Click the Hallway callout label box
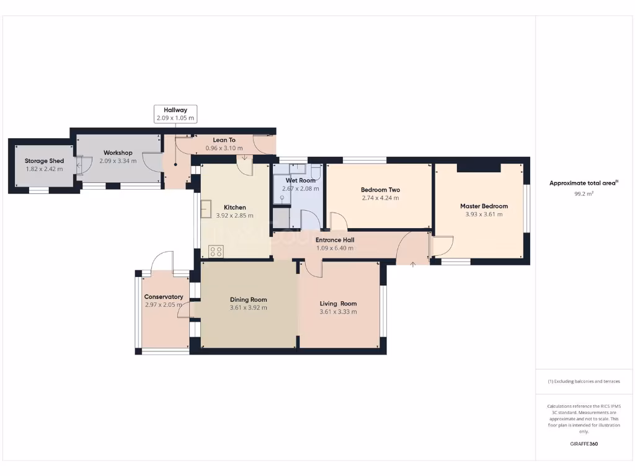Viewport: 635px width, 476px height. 175,113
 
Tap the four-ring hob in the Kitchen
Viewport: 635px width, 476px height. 216,251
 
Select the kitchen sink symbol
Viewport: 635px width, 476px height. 205,209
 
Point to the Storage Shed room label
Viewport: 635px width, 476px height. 44,161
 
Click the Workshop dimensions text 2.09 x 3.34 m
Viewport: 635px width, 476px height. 118,161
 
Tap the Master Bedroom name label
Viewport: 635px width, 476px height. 484,206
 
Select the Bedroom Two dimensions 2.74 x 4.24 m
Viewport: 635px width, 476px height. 380,198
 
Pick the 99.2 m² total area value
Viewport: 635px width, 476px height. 584,194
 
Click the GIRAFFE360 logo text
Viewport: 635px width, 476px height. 584,444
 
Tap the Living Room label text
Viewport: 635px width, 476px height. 338,304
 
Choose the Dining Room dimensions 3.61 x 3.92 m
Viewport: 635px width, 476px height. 248,307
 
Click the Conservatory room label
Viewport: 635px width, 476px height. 164,297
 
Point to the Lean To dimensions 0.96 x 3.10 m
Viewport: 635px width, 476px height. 224,148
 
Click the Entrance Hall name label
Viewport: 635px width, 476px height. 334,240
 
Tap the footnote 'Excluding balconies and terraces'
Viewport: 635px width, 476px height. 584,381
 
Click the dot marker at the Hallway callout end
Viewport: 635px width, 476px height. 175,165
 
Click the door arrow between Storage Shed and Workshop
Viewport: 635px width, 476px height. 78,165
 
